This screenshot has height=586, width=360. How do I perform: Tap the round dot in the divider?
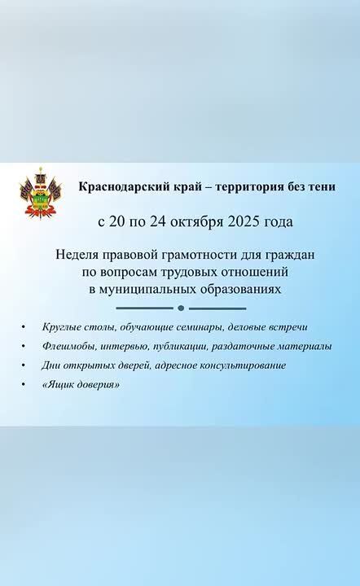[181, 308]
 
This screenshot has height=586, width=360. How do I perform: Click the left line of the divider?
[144, 308]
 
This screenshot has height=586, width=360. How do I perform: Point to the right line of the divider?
[217, 308]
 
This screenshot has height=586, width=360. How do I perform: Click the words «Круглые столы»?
[75, 327]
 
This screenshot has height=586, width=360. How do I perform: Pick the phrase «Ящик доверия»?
[80, 384]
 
